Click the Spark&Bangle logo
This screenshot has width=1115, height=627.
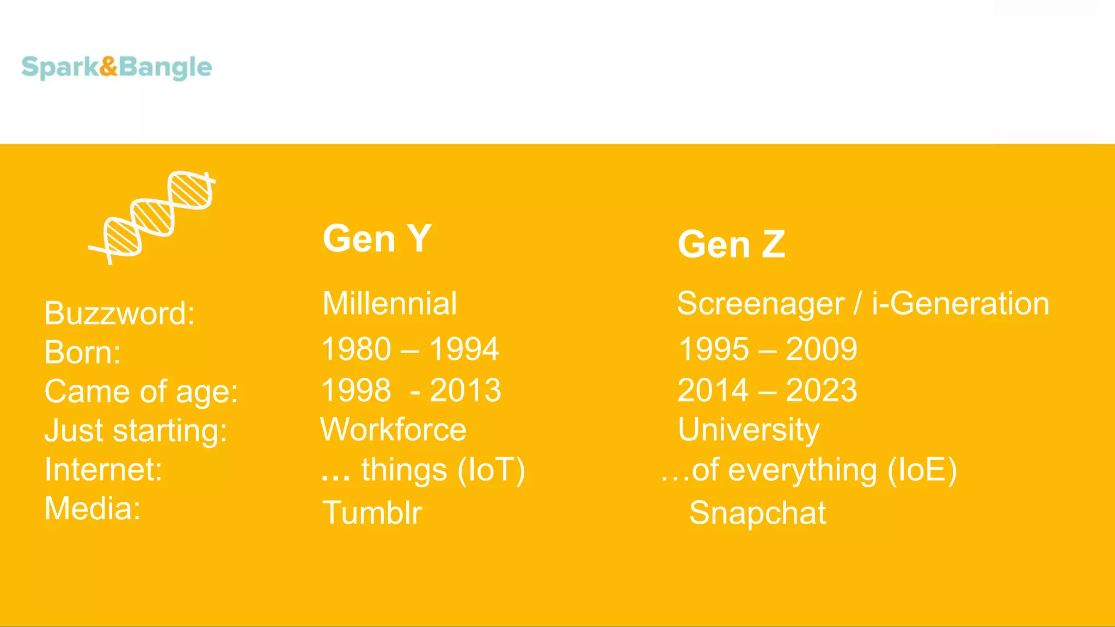117,67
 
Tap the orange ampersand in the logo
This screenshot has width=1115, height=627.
109,66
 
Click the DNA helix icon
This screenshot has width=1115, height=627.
153,218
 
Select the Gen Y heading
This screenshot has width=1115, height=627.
377,238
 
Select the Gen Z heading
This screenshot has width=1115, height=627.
731,244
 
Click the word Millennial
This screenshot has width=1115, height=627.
389,304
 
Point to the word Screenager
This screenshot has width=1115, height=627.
760,304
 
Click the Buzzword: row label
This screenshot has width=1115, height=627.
119,313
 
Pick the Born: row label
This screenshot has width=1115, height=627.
82,352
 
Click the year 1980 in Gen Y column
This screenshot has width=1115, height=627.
357,349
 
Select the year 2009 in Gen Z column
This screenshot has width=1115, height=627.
822,349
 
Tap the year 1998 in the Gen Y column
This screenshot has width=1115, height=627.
357,390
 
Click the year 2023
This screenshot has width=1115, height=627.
822,390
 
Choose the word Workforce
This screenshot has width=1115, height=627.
393,429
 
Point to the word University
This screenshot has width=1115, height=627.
749,429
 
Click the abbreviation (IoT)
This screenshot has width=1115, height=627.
491,470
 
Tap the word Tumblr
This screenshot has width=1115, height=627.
372,513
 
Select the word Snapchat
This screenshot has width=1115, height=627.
757,513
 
